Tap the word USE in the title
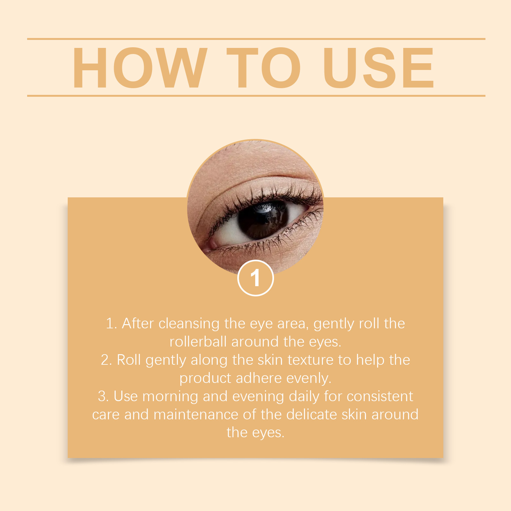(x=378, y=67)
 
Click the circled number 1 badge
(x=256, y=278)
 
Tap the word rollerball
(x=198, y=342)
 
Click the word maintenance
(x=196, y=415)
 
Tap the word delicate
(x=311, y=415)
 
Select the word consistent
(x=380, y=396)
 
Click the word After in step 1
(x=138, y=323)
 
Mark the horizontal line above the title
(x=256, y=39)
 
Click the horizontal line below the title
(x=256, y=95)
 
